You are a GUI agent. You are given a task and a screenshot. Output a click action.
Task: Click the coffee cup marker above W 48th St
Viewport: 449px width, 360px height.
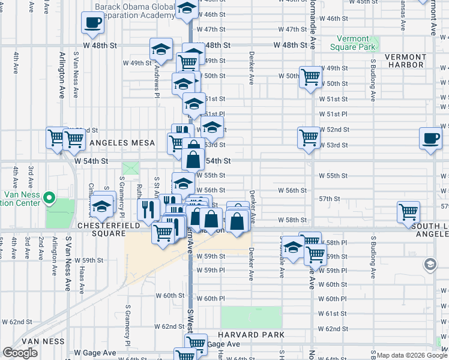coord(93,23)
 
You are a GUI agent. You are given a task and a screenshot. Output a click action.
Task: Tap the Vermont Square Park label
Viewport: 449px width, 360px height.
coord(353,43)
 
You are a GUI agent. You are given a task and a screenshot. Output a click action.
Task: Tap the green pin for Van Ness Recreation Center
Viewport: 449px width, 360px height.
coord(51,197)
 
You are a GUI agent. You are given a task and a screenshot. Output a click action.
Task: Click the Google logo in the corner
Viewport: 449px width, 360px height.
coord(20,353)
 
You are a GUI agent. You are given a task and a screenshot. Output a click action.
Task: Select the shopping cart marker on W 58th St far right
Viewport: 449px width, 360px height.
coord(408,212)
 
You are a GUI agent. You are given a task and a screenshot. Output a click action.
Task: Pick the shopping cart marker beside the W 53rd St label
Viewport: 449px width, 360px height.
coord(309,137)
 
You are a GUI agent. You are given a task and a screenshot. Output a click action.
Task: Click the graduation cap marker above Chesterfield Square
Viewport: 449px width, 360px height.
coord(103,206)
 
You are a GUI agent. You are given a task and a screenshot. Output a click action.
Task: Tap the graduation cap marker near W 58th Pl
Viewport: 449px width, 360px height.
coord(293,247)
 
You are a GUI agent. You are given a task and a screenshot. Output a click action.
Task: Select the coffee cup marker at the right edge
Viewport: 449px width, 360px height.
coord(430,137)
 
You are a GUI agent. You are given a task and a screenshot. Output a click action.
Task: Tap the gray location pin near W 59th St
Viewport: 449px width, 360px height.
coord(430,264)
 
